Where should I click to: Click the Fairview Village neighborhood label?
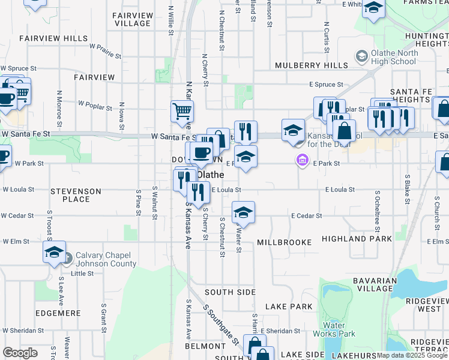click(x=131, y=19)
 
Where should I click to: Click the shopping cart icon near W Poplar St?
click(x=182, y=110)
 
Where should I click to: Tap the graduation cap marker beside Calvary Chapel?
click(x=54, y=252)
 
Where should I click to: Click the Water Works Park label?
click(x=342, y=329)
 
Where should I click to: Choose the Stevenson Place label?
click(x=76, y=195)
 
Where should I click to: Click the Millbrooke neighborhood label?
click(x=284, y=242)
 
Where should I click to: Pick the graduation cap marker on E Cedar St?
click(x=243, y=212)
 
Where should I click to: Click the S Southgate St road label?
click(x=220, y=329)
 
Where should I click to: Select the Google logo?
click(x=20, y=353)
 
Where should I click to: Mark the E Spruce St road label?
click(x=326, y=85)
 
